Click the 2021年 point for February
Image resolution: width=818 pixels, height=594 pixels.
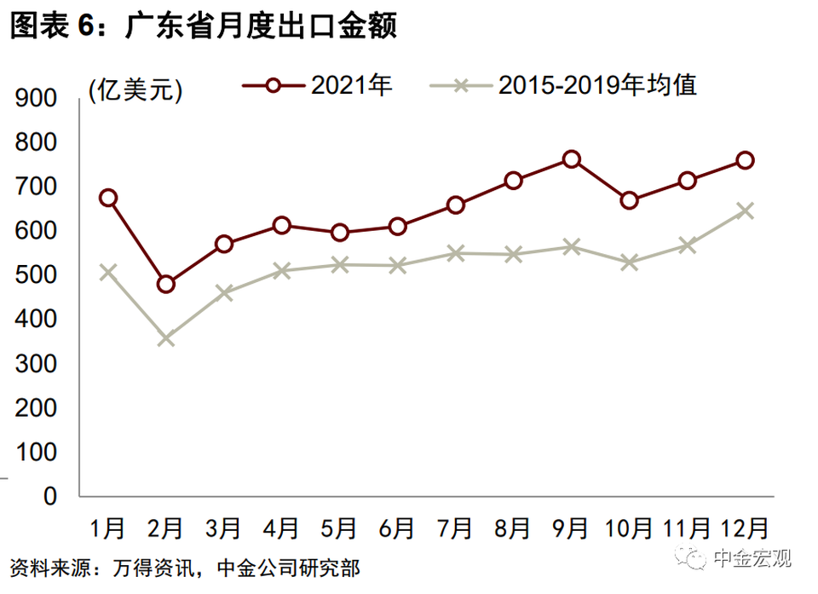pos(166,284)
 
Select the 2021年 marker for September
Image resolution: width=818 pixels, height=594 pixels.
pos(571,159)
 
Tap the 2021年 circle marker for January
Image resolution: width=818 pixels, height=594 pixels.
pos(108,198)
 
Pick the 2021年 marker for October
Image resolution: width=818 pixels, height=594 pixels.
pos(630,201)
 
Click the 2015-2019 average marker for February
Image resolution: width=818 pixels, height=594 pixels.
pos(166,338)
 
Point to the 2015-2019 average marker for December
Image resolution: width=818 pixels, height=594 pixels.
pos(745,210)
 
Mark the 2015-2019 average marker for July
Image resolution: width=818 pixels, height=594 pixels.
pos(456,253)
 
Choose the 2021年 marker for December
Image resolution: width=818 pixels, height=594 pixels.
pos(745,160)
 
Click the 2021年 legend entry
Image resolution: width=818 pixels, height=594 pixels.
pos(321,85)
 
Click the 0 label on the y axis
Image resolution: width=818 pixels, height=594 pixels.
pos(49,496)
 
